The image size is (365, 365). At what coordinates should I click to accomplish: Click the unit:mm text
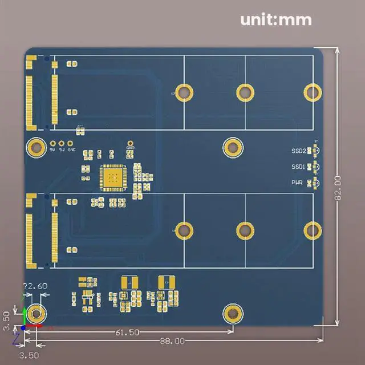coord(276,20)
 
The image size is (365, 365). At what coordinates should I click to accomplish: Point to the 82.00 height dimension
coord(338,189)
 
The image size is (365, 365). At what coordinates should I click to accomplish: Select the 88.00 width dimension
coord(172,341)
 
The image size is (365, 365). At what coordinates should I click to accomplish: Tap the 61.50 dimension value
coord(127,332)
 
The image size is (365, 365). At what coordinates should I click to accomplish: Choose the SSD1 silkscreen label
coord(298,167)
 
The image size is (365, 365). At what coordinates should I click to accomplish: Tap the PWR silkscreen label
coord(298,183)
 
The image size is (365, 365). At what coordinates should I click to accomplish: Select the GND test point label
coord(130,149)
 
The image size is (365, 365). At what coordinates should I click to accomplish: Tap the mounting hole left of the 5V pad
coord(36,147)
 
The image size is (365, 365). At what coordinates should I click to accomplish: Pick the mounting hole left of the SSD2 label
coord(232,148)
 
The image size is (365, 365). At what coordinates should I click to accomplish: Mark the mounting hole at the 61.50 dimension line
coord(232,313)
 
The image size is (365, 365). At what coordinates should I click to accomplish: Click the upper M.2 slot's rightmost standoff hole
coord(313,92)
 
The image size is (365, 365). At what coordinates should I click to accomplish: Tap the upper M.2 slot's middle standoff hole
coord(245,92)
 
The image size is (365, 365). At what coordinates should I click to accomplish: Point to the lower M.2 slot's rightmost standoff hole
coord(313,229)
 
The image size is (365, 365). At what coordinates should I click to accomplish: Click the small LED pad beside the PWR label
coord(311,183)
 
